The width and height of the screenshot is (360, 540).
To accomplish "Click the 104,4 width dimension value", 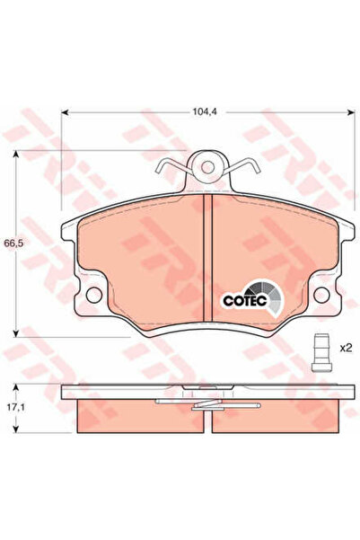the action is tap(204, 111).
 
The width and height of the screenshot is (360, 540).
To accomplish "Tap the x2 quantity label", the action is tap(346, 348).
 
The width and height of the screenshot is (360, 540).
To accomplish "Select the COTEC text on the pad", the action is tap(245, 300).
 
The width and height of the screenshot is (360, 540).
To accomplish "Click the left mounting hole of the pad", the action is tap(94, 295).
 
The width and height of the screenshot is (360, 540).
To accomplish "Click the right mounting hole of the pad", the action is tap(321, 295).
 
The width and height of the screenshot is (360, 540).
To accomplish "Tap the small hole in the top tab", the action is tap(208, 168).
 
